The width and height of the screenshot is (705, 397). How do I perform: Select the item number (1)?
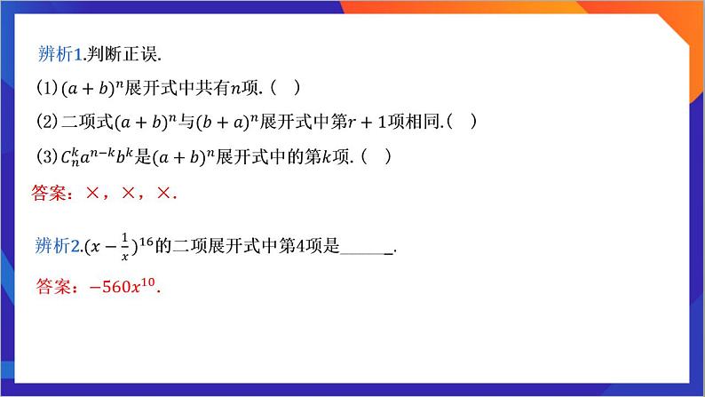coord(46,88)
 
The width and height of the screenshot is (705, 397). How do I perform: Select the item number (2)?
coord(46,121)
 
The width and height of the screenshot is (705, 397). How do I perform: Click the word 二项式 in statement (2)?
coord(84,121)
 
